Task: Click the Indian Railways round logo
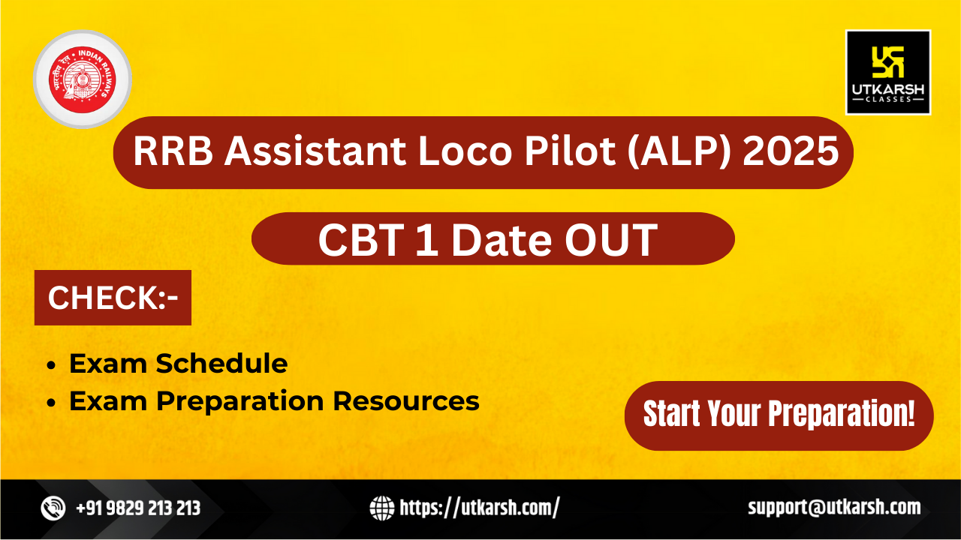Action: click(83, 79)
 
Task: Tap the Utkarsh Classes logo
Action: click(888, 73)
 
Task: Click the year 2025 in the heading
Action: click(791, 151)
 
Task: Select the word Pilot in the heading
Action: click(571, 151)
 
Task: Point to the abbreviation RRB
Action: click(173, 151)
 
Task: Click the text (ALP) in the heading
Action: click(679, 151)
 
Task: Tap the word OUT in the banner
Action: click(611, 240)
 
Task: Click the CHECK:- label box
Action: click(113, 298)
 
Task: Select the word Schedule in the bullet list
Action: click(221, 364)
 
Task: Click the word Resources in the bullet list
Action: click(406, 401)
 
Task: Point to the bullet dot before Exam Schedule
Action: click(52, 365)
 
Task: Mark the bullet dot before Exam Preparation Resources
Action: click(52, 403)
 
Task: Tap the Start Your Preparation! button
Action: click(779, 415)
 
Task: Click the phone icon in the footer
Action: click(53, 508)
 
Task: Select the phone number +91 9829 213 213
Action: click(138, 508)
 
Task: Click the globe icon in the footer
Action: click(382, 508)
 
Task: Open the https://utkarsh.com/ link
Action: click(480, 508)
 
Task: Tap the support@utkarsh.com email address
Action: click(834, 508)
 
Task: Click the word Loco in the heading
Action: click(465, 151)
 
